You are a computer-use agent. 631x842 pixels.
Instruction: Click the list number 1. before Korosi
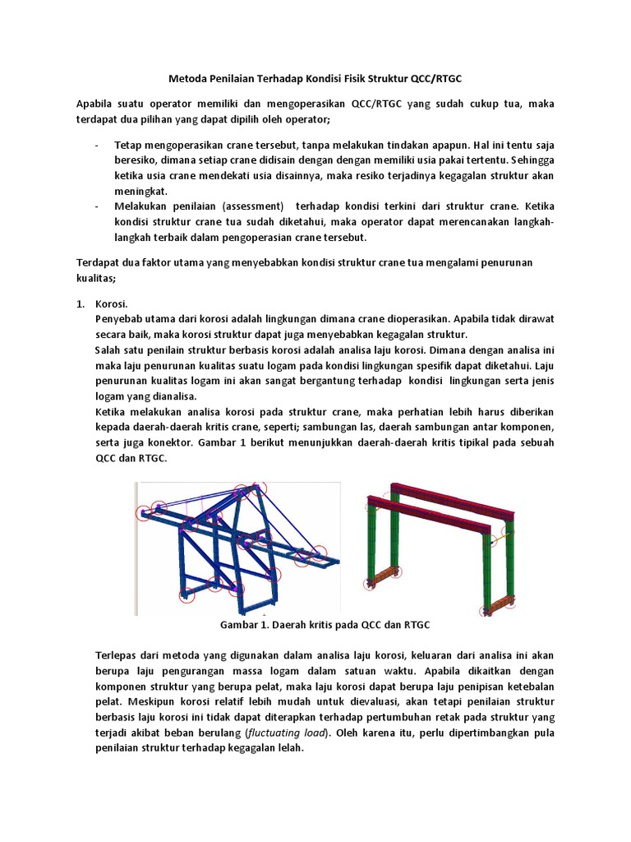81,303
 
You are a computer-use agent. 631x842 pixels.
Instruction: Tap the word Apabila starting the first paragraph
99,104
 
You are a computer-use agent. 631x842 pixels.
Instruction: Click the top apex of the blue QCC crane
262,488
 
